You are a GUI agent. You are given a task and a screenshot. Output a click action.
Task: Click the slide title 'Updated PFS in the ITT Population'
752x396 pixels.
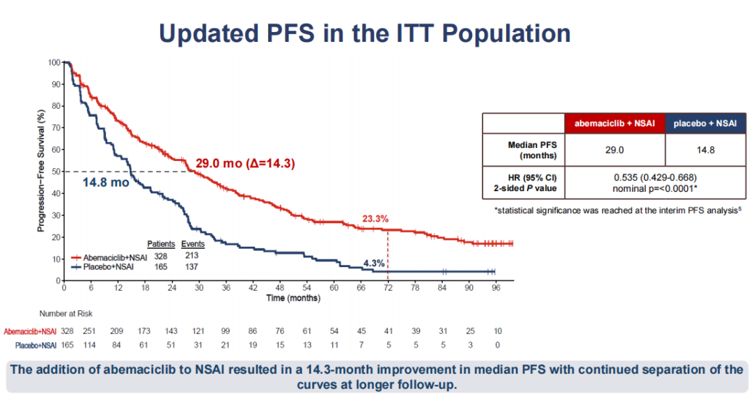coord(365,33)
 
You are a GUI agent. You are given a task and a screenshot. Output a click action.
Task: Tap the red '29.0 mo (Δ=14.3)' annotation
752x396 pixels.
coord(245,164)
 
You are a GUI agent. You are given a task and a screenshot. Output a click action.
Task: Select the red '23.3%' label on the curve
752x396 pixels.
coord(376,218)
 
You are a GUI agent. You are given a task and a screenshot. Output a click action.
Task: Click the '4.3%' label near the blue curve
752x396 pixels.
coord(375,264)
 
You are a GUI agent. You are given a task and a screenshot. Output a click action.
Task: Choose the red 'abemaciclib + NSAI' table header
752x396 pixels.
coord(615,123)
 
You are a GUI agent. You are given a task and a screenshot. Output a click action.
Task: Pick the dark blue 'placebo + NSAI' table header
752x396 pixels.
coord(705,123)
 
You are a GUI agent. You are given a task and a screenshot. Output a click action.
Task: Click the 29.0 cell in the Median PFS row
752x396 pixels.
coord(615,149)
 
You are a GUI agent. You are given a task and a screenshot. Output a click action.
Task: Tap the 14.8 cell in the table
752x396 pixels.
coord(705,149)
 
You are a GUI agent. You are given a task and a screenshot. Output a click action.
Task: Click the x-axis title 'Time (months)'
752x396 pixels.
coord(294,298)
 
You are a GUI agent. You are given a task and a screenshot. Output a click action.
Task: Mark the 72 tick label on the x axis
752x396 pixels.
coord(388,287)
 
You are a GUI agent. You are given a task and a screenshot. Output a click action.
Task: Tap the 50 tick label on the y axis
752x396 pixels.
coord(54,171)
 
